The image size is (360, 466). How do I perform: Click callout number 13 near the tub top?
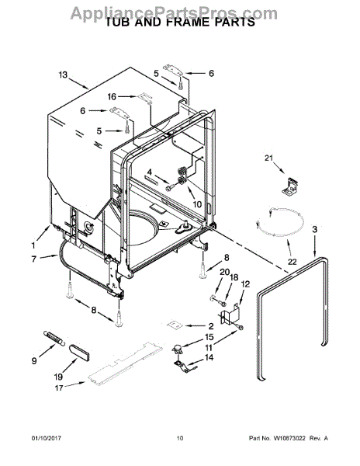(x=63, y=75)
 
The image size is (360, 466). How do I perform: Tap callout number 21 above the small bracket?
(x=268, y=158)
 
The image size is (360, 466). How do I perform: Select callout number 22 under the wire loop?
(x=292, y=262)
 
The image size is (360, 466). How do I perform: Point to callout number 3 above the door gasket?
(x=314, y=229)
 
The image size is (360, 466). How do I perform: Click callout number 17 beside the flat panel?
(x=59, y=388)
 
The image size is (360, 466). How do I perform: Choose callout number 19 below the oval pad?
(x=58, y=377)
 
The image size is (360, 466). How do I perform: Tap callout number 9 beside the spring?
(x=34, y=361)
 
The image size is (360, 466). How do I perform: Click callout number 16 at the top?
(x=112, y=96)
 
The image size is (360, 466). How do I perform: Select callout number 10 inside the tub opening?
(x=197, y=204)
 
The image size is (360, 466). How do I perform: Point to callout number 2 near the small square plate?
(x=211, y=326)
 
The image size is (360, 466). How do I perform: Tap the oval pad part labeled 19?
(x=80, y=352)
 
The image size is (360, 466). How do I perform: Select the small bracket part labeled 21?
(x=290, y=187)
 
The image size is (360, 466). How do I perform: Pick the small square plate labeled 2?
(x=175, y=325)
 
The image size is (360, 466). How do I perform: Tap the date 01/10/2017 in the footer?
(x=47, y=439)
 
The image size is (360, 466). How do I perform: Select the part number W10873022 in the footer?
(x=289, y=439)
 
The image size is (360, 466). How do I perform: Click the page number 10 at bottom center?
(x=180, y=439)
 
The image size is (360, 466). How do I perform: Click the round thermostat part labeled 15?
(x=177, y=348)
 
